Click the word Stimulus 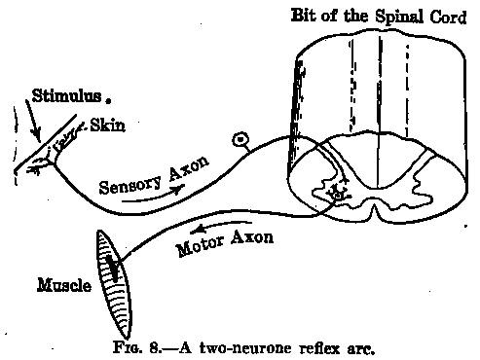66,96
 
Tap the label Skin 107,126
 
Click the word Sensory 130,185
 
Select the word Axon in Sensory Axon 189,169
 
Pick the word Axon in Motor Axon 252,237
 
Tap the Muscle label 64,285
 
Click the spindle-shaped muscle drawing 114,284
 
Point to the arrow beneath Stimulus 33,122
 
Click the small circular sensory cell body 240,140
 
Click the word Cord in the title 448,17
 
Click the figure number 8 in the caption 153,348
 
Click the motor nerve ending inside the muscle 113,268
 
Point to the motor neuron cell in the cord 338,195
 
